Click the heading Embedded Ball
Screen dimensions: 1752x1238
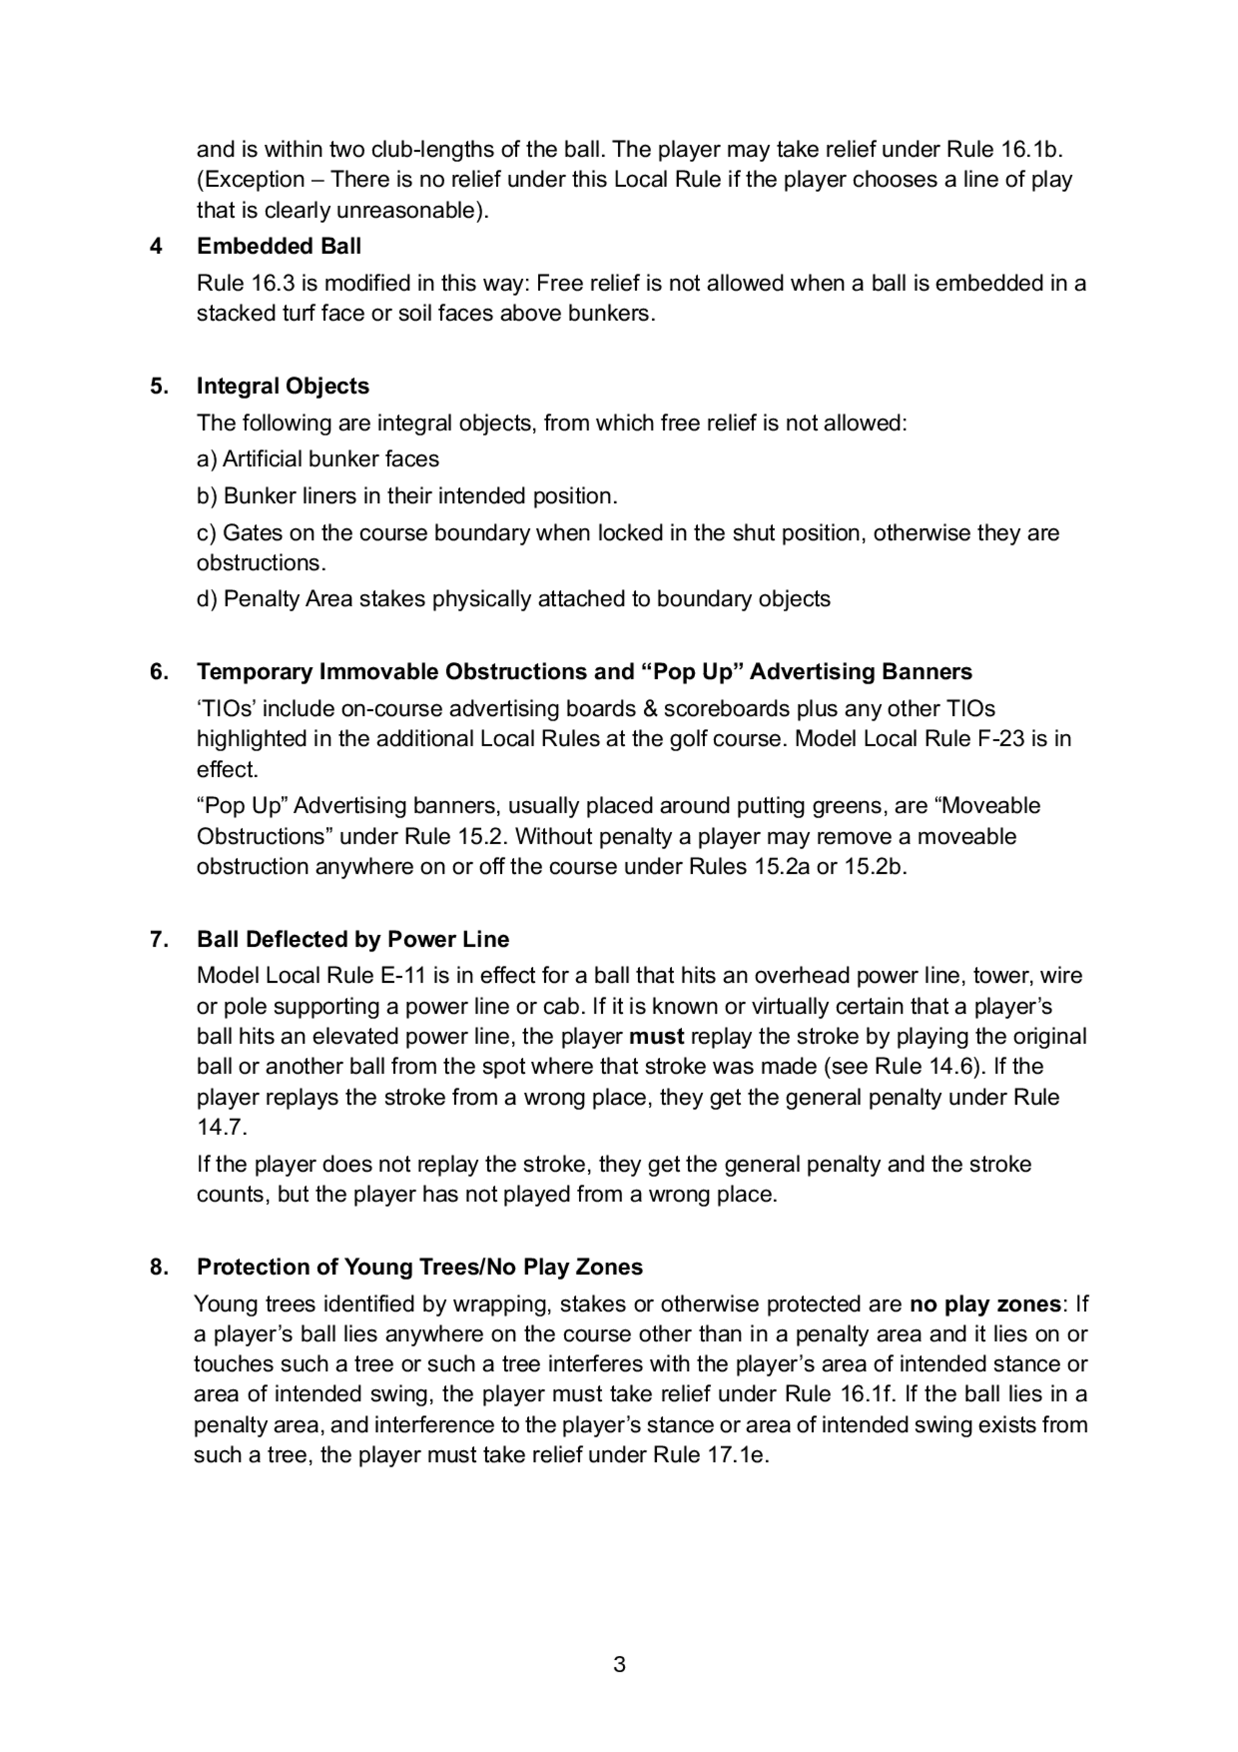(x=279, y=246)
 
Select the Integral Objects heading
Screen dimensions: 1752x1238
(x=282, y=386)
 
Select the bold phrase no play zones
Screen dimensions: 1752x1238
(x=985, y=1304)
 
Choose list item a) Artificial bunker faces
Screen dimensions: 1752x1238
(x=318, y=459)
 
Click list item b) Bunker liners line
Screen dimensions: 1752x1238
(x=407, y=496)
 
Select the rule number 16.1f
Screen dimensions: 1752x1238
(x=866, y=1394)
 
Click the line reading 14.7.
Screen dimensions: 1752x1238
(x=221, y=1127)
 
